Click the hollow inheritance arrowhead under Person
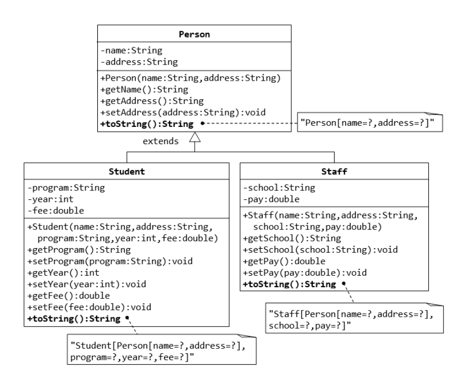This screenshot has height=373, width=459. tap(194, 137)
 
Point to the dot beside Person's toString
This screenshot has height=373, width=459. tap(202, 124)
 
